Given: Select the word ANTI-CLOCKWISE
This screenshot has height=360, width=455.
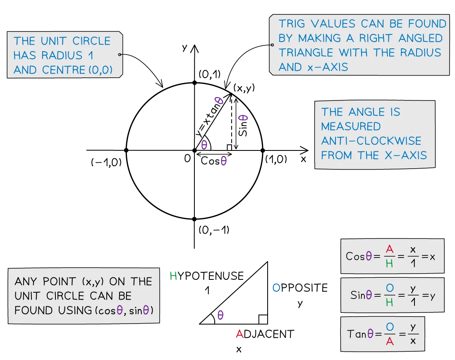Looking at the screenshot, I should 371,141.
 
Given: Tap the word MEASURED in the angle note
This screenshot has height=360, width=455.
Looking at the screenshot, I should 351,126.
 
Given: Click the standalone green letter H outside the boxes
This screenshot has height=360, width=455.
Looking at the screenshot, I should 173,276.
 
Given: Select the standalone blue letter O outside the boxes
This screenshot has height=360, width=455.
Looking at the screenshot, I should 276,288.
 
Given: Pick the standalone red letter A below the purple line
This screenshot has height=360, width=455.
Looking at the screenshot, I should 239,334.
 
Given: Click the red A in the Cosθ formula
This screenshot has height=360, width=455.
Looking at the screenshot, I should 389,249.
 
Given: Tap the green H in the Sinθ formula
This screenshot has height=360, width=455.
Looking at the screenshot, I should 389,303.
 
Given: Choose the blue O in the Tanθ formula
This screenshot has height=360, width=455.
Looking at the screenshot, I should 389,327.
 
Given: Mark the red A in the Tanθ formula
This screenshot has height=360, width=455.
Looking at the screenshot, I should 389,341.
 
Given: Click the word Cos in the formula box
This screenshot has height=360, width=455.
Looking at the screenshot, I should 355,256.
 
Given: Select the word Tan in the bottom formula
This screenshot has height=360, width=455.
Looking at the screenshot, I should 357,334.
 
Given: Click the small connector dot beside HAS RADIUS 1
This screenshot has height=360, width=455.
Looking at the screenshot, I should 120,55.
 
